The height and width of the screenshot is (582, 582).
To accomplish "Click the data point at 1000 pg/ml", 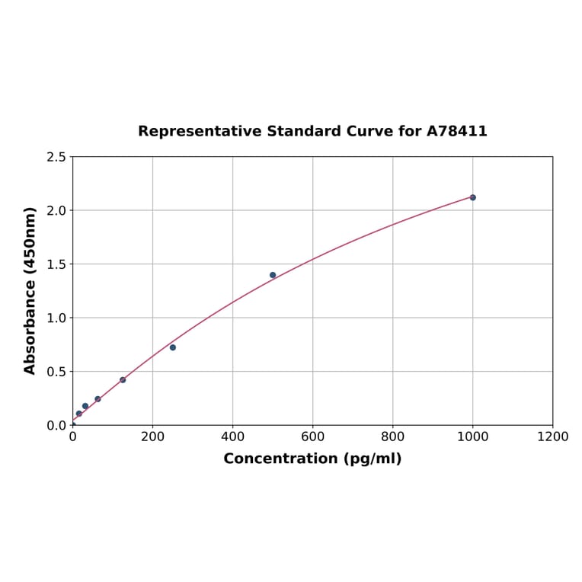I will click(472, 197).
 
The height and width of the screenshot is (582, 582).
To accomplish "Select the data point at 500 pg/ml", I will click(273, 275).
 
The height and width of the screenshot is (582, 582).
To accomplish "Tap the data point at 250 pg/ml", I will click(173, 347).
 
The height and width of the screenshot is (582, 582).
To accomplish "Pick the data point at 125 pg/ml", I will click(123, 379).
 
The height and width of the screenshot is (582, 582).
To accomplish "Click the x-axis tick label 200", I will click(152, 437).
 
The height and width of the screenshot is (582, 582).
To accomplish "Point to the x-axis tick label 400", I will click(232, 437).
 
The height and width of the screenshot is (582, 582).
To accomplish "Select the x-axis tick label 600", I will click(312, 437).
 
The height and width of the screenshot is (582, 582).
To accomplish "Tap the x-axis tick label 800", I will click(392, 437).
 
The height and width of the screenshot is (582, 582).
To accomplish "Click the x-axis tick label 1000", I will click(472, 437).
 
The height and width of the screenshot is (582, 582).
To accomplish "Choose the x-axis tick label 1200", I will click(552, 437).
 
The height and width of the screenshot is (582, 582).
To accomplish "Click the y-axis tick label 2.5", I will click(56, 157).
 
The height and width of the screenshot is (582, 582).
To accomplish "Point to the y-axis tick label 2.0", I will click(56, 210).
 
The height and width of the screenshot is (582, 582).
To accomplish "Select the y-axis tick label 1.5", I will click(56, 264).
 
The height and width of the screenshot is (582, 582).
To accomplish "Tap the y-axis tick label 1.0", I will click(56, 318).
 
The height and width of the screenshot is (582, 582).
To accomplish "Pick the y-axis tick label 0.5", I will click(56, 372).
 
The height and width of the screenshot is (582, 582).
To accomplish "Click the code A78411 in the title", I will click(456, 131).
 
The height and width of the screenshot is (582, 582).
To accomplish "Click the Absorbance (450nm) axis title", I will click(30, 290).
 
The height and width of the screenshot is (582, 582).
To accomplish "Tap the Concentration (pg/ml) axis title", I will click(312, 459).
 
